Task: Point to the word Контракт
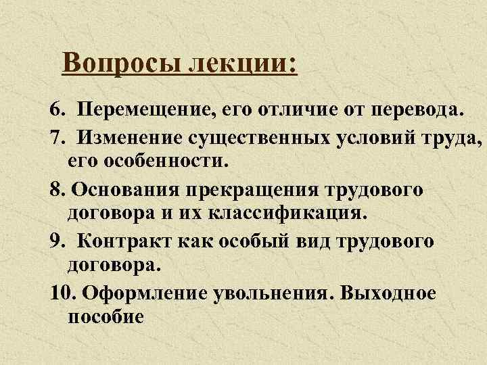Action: click(122, 242)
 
